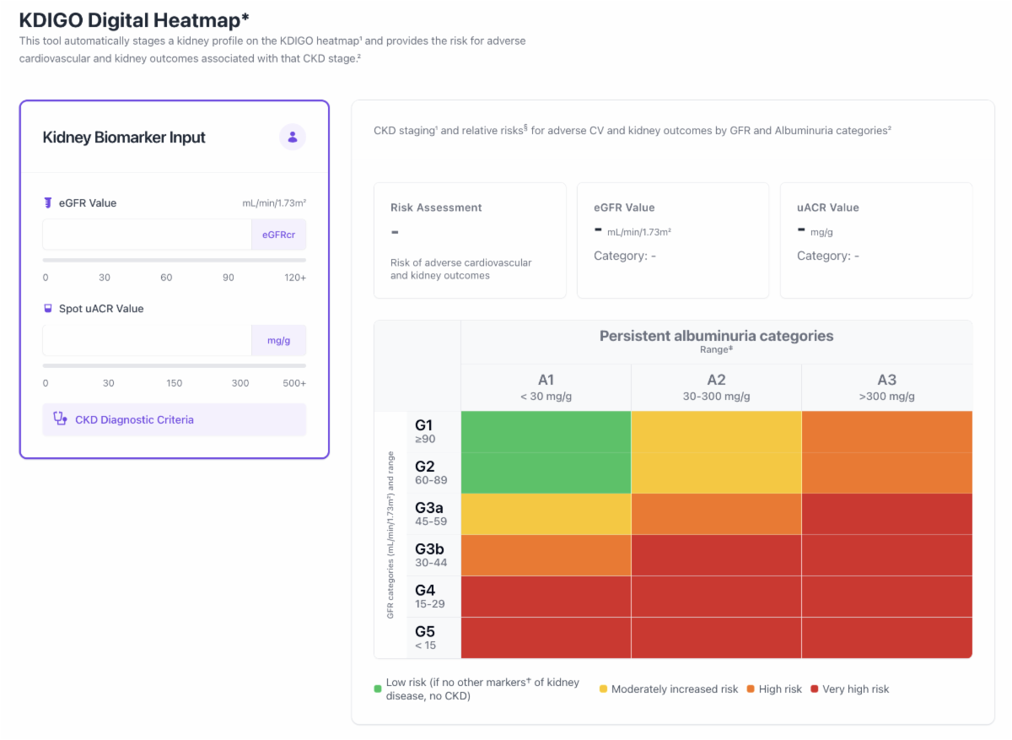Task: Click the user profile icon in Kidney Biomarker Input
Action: click(293, 137)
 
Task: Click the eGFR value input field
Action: click(147, 235)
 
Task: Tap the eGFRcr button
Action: click(279, 235)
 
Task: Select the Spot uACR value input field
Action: click(147, 340)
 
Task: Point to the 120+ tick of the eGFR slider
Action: click(295, 278)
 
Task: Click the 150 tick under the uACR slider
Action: click(174, 383)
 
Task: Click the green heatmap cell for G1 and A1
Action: click(546, 432)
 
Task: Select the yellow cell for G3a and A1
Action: click(546, 514)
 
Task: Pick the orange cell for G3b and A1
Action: click(546, 555)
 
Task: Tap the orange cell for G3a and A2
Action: click(716, 514)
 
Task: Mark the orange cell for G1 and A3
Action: click(887, 432)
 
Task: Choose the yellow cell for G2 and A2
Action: click(716, 473)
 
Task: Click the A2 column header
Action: click(716, 387)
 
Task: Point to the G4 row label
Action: click(429, 597)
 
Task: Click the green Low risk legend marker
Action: click(378, 689)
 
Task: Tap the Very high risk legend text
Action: click(855, 689)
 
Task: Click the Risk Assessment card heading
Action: click(436, 208)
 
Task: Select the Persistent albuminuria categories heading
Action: click(716, 336)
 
